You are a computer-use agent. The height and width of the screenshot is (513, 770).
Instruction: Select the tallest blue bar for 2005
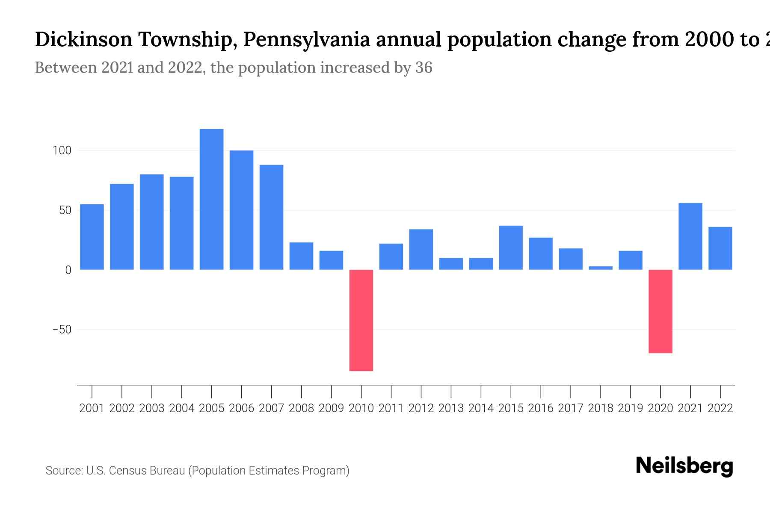coord(211,199)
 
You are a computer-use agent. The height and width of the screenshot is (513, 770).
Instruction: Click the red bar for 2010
coord(361,320)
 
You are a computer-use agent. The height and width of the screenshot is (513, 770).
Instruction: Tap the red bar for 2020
coord(660,311)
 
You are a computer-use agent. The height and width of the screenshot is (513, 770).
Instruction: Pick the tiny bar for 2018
coord(600,268)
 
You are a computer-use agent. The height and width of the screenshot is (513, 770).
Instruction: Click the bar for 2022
coord(720,248)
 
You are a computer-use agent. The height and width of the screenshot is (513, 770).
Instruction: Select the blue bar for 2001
coord(92,237)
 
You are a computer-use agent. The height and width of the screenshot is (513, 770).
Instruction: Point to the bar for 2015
coord(511,248)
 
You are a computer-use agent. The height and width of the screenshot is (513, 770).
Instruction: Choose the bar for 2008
coord(301,256)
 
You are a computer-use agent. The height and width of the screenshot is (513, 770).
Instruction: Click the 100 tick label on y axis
coord(62,150)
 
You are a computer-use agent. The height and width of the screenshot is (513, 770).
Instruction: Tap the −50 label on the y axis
coord(62,330)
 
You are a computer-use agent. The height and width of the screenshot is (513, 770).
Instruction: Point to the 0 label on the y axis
coord(68,270)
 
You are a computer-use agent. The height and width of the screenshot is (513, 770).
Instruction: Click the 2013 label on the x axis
coord(451,408)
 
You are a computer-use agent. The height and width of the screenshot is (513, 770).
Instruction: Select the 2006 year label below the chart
coord(241,408)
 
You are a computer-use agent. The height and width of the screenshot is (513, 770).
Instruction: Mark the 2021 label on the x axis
coord(690,408)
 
